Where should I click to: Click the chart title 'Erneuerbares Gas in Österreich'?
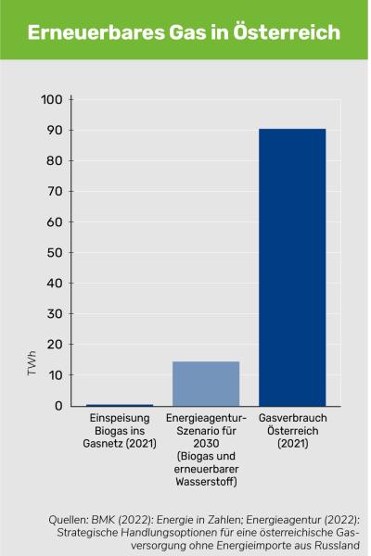coord(184,32)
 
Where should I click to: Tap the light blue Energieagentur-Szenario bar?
coord(206,383)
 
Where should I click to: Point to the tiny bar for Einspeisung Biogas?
coord(120,405)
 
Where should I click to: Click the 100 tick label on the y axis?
coord(53,100)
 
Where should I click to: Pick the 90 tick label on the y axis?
coord(56,131)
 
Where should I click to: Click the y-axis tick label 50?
coord(56,253)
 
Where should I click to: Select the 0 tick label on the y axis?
coord(59,406)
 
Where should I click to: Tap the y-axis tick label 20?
coord(56,345)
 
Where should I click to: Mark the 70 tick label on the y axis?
coord(56,192)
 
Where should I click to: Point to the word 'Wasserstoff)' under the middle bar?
coord(206,482)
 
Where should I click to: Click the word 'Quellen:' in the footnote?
coord(70,521)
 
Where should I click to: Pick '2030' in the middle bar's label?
coord(206,444)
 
